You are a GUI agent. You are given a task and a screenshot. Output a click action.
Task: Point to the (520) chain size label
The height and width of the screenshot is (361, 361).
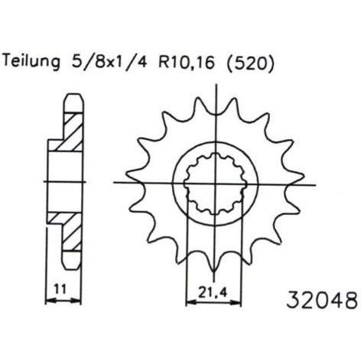point(251,63)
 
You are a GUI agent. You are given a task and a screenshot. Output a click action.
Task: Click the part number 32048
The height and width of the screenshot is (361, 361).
point(322,299)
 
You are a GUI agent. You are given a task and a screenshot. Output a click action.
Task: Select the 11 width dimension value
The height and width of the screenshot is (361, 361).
point(60,289)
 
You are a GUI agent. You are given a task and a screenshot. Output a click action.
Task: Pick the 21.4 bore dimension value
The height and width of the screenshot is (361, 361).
point(212,293)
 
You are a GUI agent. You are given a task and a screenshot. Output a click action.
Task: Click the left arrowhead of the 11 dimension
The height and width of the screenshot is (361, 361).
point(50,301)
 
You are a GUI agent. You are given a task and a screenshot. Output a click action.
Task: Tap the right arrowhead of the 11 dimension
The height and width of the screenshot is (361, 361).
point(76,301)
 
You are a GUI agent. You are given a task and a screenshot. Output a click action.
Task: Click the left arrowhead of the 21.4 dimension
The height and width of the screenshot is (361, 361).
point(191,303)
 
